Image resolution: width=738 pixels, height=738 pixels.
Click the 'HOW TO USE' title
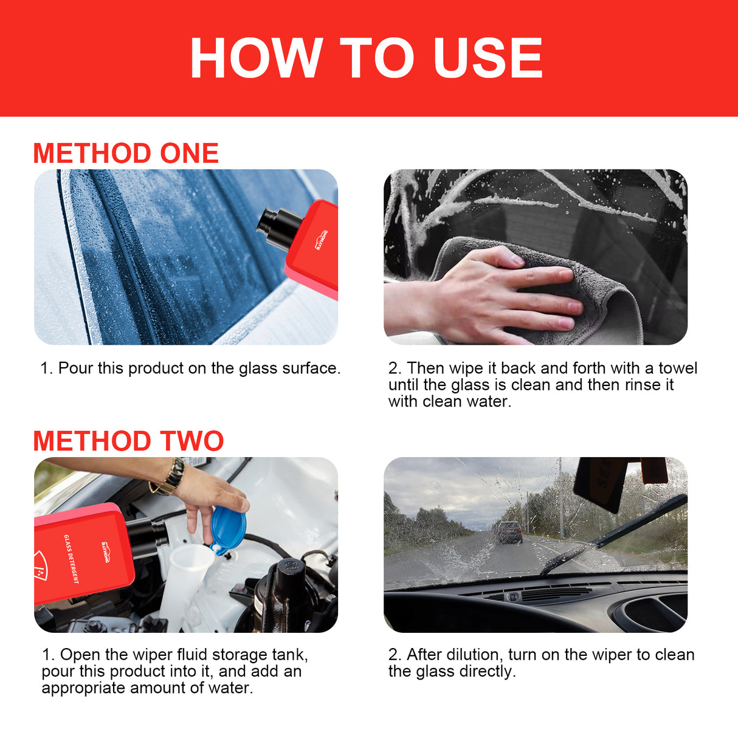click(367, 58)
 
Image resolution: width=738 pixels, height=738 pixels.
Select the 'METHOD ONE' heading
click(126, 153)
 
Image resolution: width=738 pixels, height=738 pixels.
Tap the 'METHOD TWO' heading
click(128, 441)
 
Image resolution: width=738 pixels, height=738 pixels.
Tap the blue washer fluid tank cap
click(228, 529)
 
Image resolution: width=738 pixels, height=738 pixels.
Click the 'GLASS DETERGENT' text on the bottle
click(71, 559)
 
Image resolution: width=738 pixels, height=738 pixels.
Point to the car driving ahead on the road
click(508, 532)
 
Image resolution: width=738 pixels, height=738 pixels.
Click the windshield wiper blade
click(608, 535)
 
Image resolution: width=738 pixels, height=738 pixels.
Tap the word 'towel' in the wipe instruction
click(678, 368)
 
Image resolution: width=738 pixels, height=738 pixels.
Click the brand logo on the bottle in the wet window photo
click(322, 240)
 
